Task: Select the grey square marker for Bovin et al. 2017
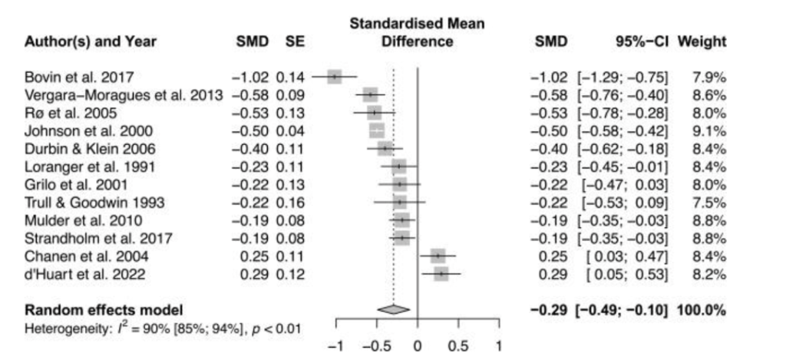pyautogui.click(x=334, y=78)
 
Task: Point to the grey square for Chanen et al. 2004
pyautogui.click(x=438, y=255)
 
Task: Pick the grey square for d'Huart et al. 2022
pyautogui.click(x=441, y=273)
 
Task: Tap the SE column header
pyautogui.click(x=296, y=41)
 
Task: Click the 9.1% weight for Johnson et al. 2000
pyautogui.click(x=708, y=130)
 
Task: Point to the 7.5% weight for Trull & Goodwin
pyautogui.click(x=708, y=202)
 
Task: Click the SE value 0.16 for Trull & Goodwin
pyautogui.click(x=293, y=202)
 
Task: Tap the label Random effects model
pyautogui.click(x=104, y=310)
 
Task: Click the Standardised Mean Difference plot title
pyautogui.click(x=418, y=32)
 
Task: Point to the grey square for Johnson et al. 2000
pyautogui.click(x=377, y=130)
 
